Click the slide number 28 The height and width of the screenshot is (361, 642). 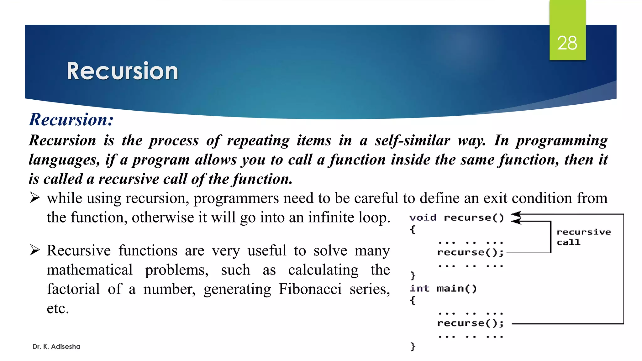pos(567,43)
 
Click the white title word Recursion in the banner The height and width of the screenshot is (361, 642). pos(122,71)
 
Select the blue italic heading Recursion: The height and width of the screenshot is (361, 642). pos(71,119)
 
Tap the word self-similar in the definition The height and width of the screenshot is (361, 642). pos(413,140)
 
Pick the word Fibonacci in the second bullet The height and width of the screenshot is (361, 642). pos(310,289)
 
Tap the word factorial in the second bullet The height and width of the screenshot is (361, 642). pos(73,289)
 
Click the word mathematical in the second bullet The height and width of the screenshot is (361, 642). pos(90,270)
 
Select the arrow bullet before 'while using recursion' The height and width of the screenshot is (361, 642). pos(35,198)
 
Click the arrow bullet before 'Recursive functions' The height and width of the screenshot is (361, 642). pos(35,250)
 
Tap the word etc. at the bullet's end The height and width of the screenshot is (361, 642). pos(58,308)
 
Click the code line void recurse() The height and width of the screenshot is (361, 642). pos(456,217)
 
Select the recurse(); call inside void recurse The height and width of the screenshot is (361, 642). pos(470,252)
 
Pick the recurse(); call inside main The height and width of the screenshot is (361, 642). pos(470,323)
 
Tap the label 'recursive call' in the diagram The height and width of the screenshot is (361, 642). pos(583,237)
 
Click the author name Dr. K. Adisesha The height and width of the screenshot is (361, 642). pos(56,347)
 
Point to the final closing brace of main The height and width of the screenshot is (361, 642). pos(413,346)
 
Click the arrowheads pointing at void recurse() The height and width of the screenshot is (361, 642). pos(516,218)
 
